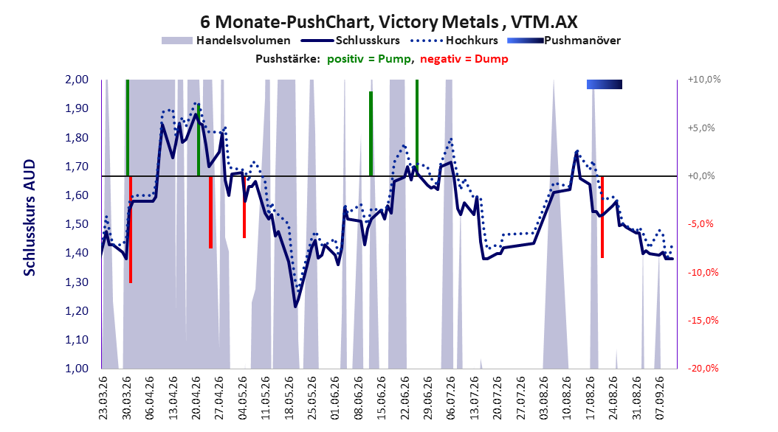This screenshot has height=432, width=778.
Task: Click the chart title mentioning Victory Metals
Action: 388,22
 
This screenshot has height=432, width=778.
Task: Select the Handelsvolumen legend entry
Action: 226,41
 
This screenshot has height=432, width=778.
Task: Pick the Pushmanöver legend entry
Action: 564,41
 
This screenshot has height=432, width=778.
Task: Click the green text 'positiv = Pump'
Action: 369,59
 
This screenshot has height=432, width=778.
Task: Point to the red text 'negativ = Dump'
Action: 464,59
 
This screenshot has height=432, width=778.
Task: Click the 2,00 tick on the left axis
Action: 77,80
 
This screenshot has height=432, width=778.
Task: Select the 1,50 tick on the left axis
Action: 77,224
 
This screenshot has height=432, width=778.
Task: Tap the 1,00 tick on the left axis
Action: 77,368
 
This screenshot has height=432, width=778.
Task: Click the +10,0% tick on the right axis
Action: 704,80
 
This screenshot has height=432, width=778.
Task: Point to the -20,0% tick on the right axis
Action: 703,368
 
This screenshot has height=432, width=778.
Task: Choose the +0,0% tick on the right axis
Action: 701,176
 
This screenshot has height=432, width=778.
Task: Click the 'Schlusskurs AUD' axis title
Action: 30,217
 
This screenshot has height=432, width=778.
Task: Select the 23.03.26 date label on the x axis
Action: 103,398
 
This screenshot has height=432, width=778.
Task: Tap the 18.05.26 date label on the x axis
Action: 289,398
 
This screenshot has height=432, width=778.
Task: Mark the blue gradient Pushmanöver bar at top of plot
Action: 605,84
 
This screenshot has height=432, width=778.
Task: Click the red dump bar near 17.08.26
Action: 602,217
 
